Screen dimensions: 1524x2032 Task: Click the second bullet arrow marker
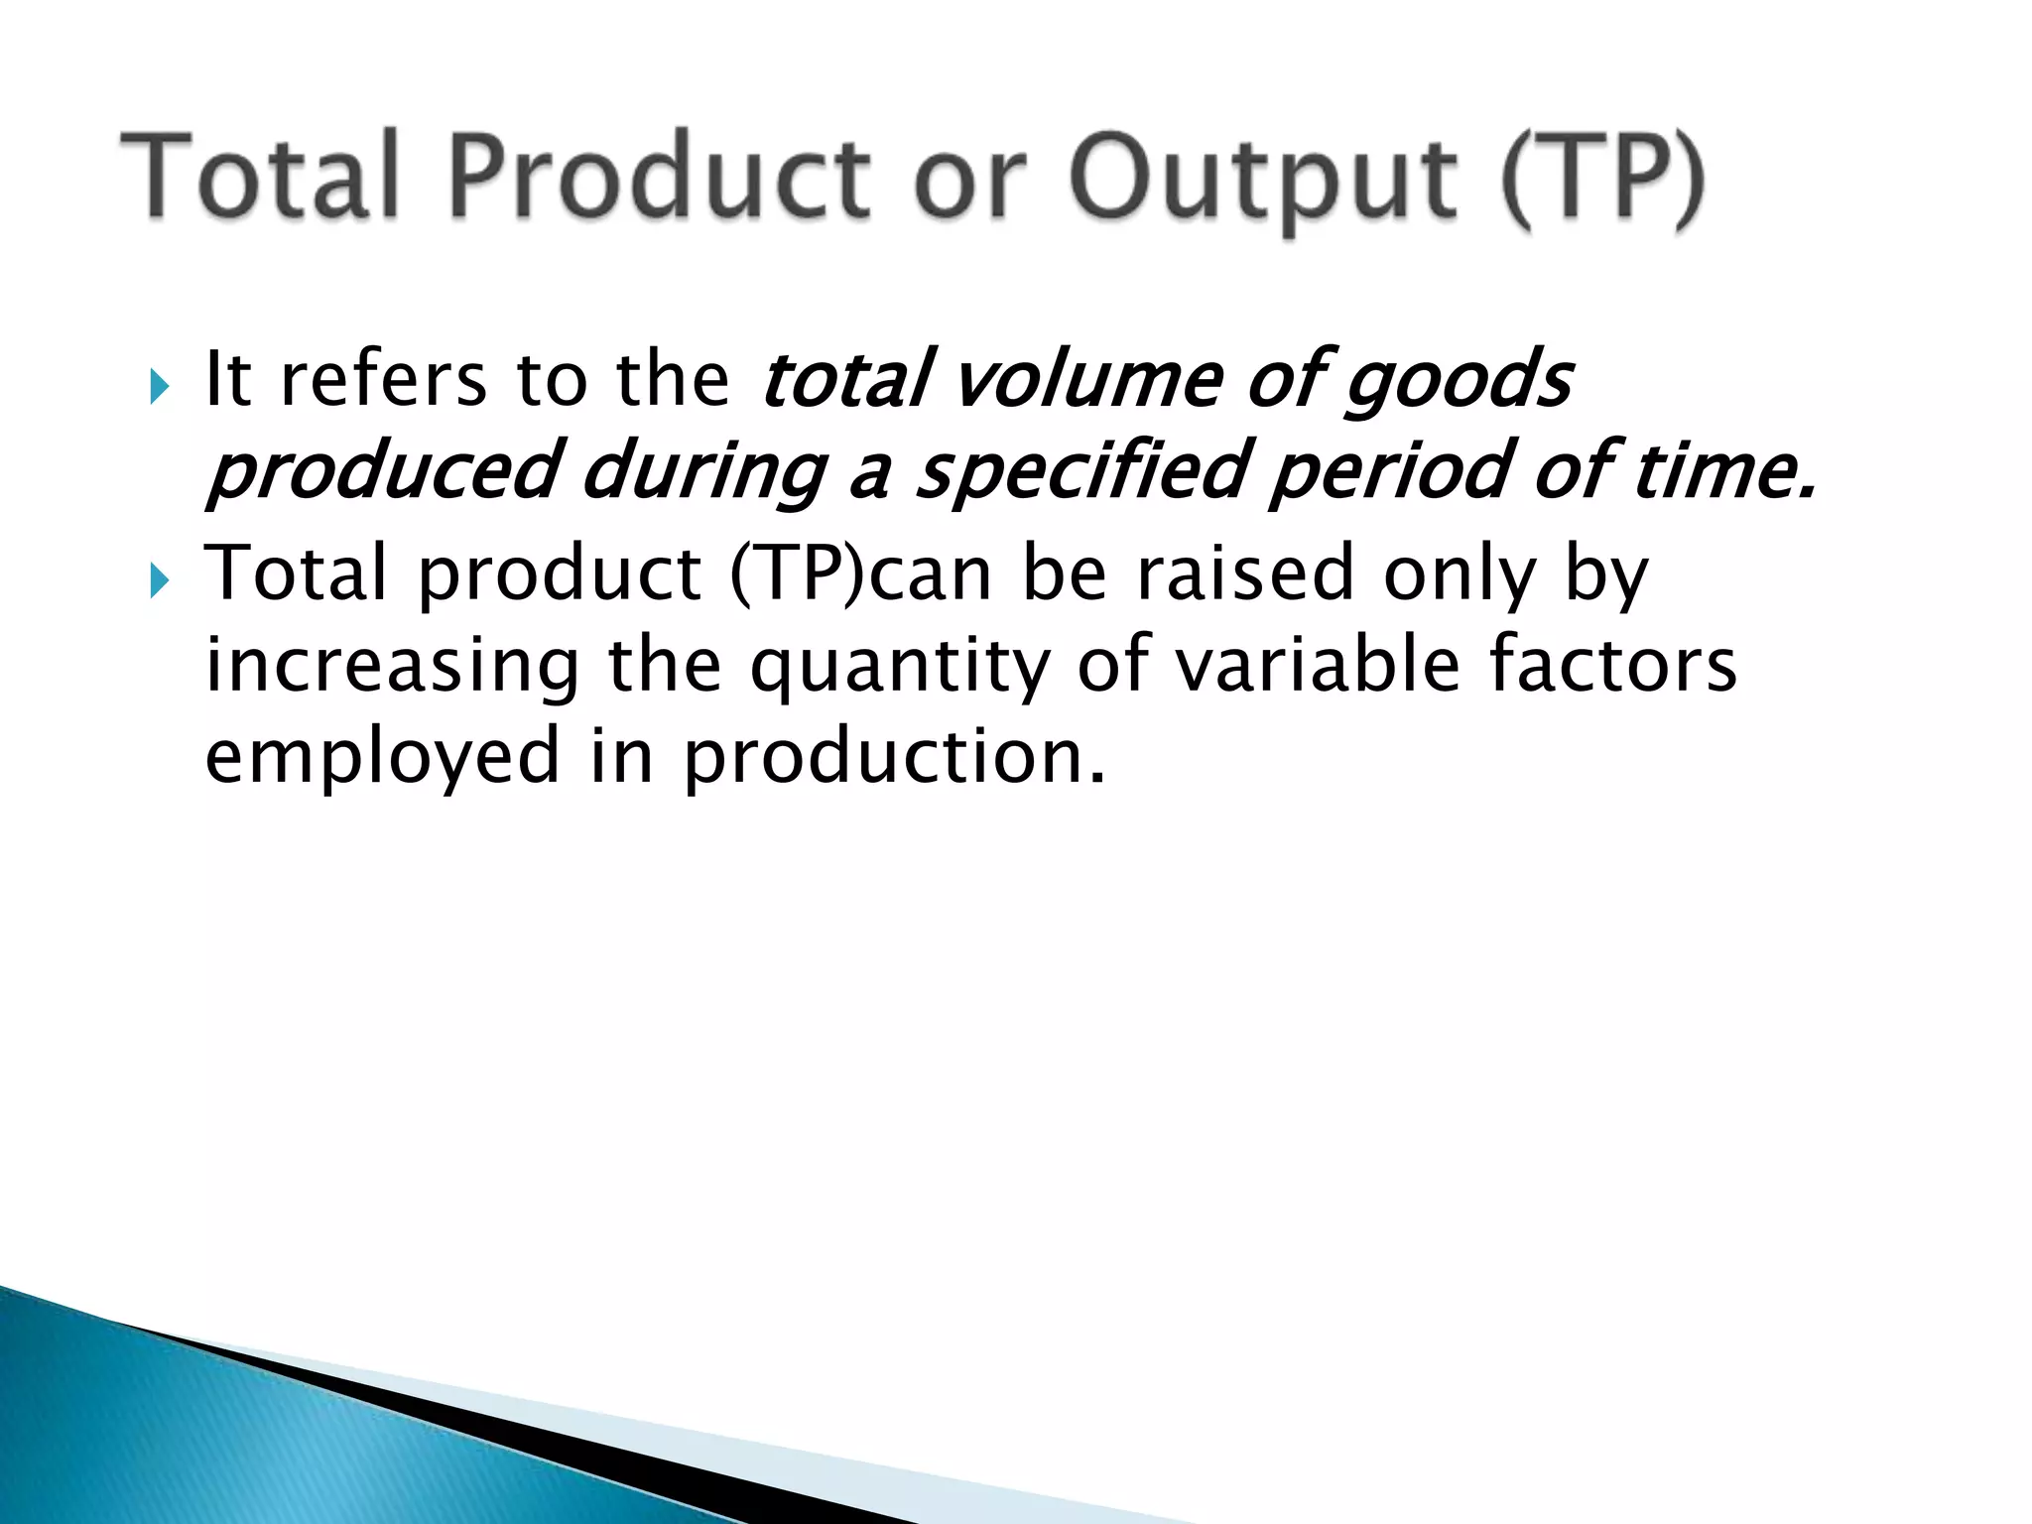pos(161,579)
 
